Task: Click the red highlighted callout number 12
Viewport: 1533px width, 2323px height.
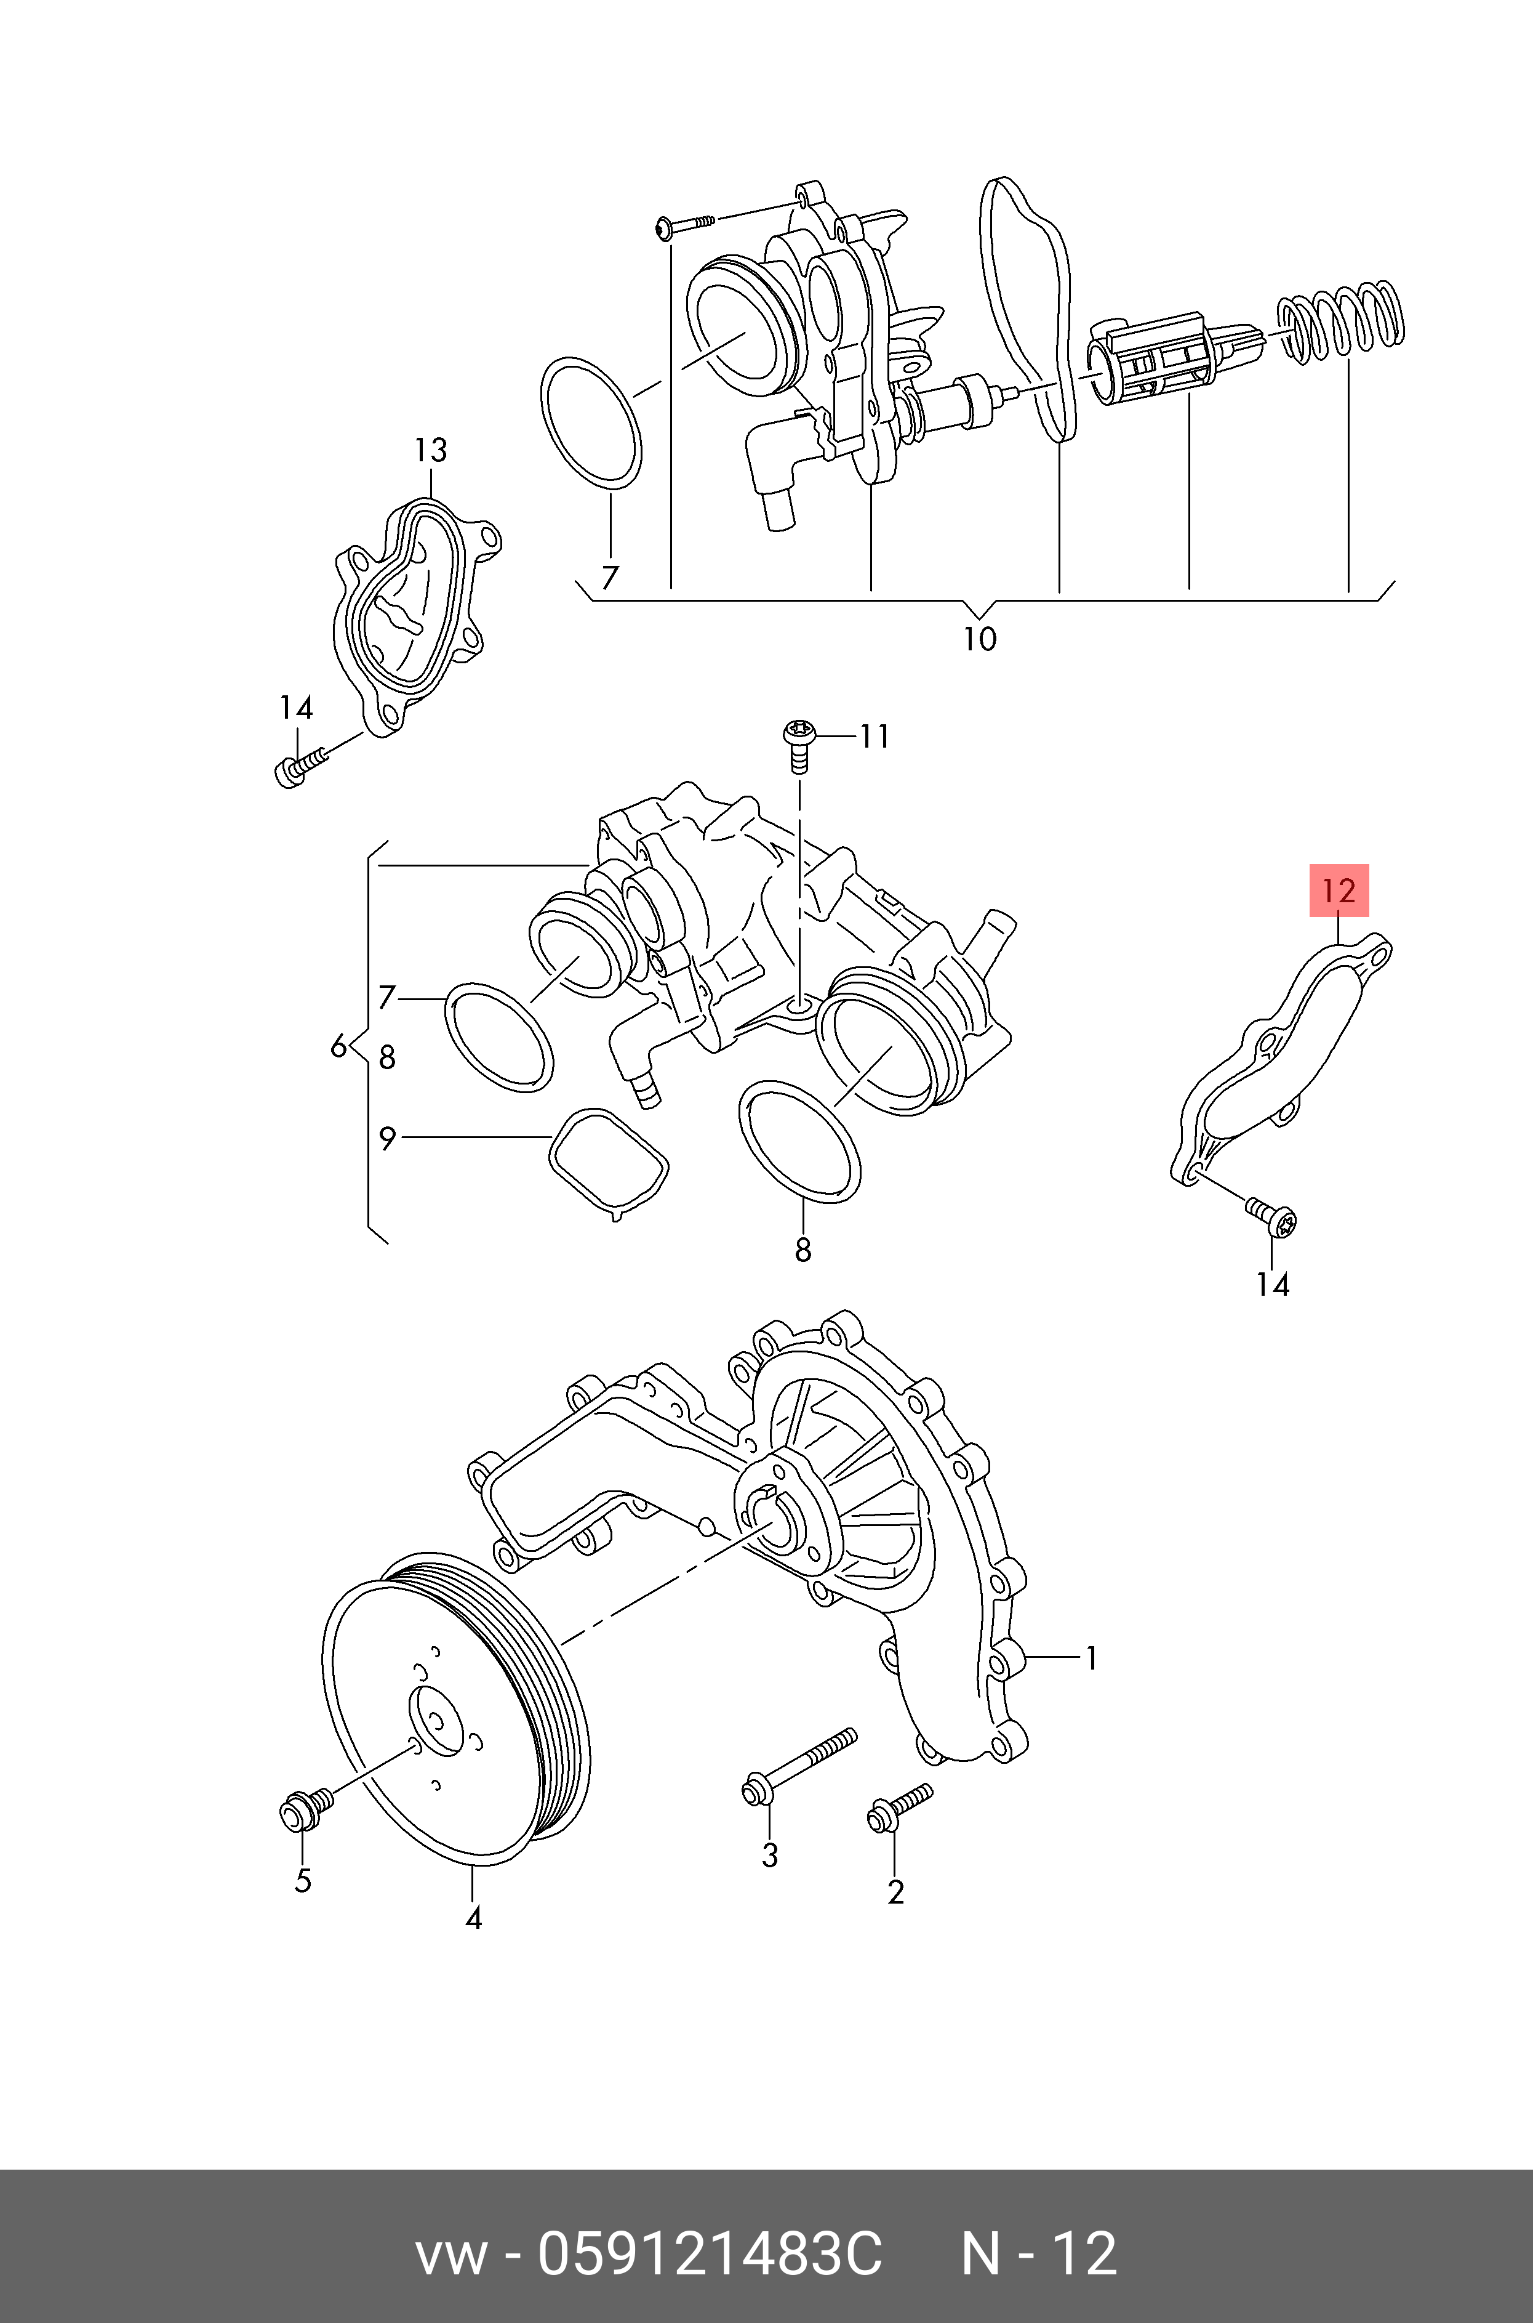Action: [1339, 890]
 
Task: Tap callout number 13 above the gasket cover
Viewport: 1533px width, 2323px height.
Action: [430, 450]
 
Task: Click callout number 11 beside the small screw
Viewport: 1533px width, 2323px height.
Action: [874, 735]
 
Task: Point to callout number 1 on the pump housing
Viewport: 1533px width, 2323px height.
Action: [1091, 1658]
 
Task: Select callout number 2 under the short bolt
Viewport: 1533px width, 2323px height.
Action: [895, 1892]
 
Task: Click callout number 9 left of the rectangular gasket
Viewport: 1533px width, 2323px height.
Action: [387, 1139]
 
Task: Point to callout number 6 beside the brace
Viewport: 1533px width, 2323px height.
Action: [338, 1046]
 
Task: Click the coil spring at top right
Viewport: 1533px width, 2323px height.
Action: [1342, 321]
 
